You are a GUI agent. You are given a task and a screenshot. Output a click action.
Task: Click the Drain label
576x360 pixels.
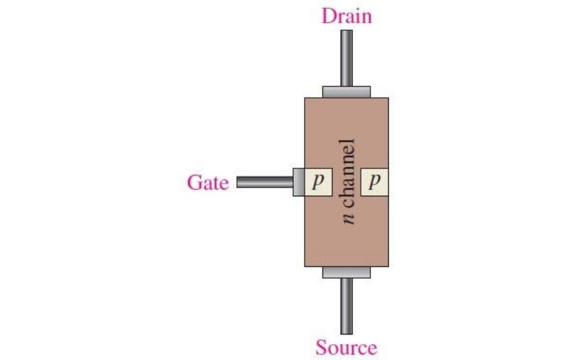coord(347,17)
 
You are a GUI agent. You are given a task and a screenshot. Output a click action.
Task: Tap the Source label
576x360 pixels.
coord(346,348)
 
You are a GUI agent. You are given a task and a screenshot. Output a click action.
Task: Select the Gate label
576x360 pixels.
coord(207,183)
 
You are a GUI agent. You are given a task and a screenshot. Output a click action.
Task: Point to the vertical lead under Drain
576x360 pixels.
coord(347,58)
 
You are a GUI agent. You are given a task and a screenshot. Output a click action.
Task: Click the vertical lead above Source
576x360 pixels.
coord(347,306)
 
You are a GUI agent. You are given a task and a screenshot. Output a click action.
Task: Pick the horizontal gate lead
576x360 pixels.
coord(265,182)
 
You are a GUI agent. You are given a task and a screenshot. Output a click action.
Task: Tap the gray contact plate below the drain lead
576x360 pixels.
coord(347,92)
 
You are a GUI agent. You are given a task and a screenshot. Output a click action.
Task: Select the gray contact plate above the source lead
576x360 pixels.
coord(347,272)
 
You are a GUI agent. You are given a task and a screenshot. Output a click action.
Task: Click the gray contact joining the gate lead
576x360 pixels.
coord(299,182)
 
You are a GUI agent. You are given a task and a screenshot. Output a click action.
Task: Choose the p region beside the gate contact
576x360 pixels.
coord(318,182)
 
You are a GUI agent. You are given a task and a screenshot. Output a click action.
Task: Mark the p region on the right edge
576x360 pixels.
coord(375,182)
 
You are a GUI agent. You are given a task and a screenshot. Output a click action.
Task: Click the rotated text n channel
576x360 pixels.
coord(347,181)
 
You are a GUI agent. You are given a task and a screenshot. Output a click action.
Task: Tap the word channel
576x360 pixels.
coord(347,174)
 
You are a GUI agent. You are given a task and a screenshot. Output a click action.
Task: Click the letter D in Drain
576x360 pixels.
coord(328,17)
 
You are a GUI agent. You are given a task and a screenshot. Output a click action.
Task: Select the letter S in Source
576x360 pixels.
coord(321,348)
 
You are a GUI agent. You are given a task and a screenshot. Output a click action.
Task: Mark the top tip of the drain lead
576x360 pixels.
coord(347,30)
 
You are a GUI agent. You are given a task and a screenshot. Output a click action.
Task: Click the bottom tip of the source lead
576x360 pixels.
coord(347,333)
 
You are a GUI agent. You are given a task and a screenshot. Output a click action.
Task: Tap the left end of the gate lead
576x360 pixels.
coord(237,182)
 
